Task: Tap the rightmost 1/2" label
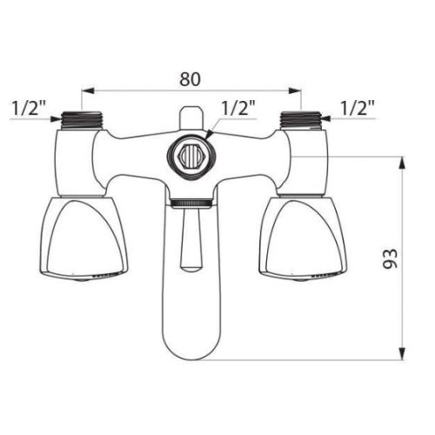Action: (357, 109)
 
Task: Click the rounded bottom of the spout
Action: (190, 344)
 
